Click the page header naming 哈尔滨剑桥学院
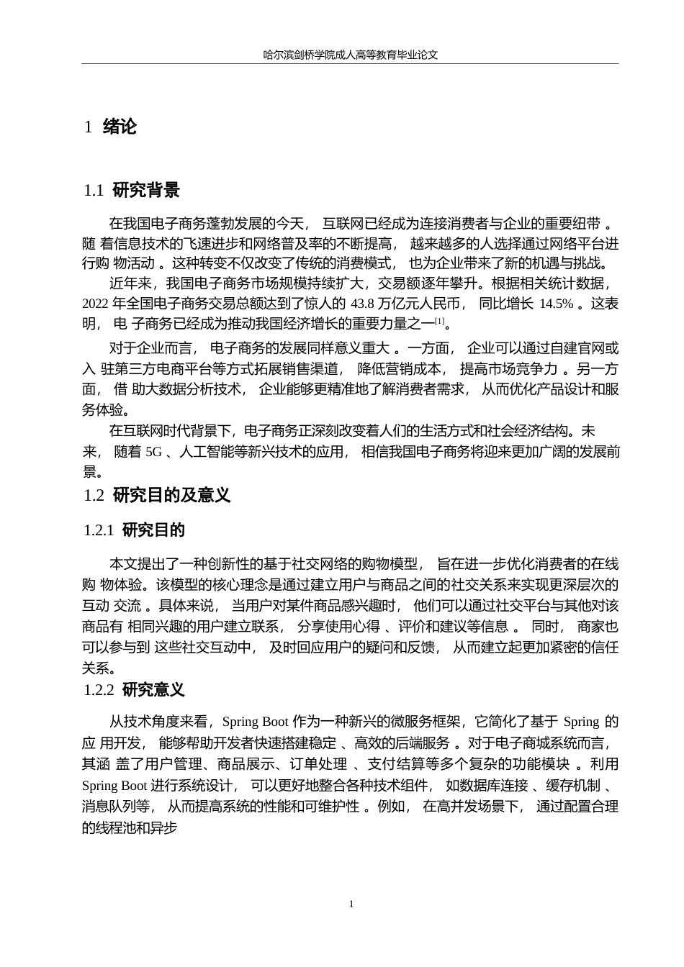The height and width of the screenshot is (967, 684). click(351, 55)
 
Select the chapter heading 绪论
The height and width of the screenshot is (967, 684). click(120, 127)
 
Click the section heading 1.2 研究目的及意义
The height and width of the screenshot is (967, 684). click(157, 495)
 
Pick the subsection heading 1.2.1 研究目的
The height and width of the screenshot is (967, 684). click(135, 530)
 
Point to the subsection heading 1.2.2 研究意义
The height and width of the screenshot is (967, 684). click(135, 690)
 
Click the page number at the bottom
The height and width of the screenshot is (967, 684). click(351, 904)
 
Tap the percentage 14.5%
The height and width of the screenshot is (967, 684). click(557, 304)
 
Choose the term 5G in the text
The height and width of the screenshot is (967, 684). click(154, 453)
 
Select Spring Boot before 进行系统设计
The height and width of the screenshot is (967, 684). click(114, 786)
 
